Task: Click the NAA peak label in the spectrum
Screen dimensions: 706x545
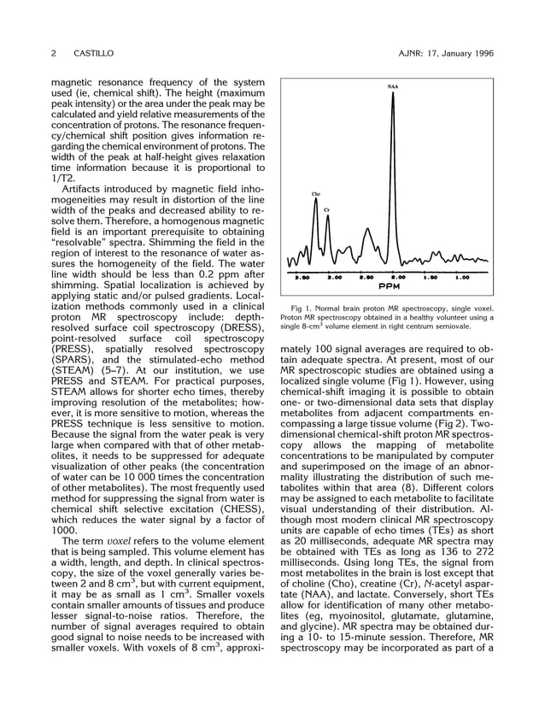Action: [x=392, y=86]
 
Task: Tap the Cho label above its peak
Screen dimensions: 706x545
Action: [x=315, y=194]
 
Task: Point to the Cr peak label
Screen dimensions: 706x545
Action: [x=327, y=210]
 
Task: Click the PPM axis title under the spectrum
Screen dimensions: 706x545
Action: [x=390, y=286]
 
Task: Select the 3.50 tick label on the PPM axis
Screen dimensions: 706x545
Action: [x=302, y=277]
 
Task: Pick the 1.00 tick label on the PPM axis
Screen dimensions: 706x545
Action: [x=462, y=277]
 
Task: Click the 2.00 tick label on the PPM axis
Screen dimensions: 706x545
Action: [x=398, y=277]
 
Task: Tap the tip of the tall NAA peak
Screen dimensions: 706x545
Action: [x=393, y=92]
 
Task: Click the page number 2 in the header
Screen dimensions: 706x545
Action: [x=54, y=54]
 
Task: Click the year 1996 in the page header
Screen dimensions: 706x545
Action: [x=478, y=54]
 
